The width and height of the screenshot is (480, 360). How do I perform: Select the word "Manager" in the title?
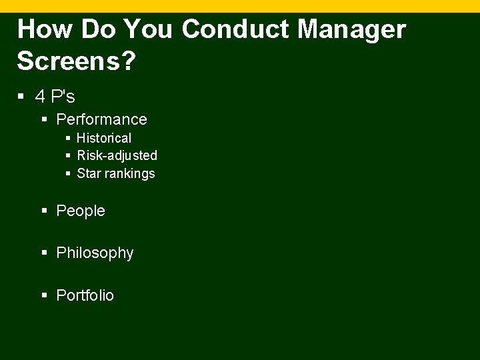pos(354,30)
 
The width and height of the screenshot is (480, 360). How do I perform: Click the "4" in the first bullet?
pos(41,97)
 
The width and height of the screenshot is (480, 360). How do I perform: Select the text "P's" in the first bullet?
pos(63,97)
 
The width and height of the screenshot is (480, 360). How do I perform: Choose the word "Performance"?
pos(101,119)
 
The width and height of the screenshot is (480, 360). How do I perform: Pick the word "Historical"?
pos(104,138)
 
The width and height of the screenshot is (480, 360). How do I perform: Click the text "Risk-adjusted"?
pos(117,155)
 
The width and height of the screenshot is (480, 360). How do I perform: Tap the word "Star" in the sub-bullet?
pos(89,173)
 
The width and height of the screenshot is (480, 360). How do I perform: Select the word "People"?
pos(81,211)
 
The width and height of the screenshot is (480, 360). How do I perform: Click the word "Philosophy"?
pos(95,253)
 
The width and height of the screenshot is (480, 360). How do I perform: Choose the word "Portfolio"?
pos(85,295)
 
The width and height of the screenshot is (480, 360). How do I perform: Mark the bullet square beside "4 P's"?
pos(22,97)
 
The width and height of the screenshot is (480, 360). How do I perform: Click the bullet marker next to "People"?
pos(45,211)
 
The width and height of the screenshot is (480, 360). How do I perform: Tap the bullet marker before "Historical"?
pos(68,138)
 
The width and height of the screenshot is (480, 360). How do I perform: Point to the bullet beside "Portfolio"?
pos(45,295)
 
